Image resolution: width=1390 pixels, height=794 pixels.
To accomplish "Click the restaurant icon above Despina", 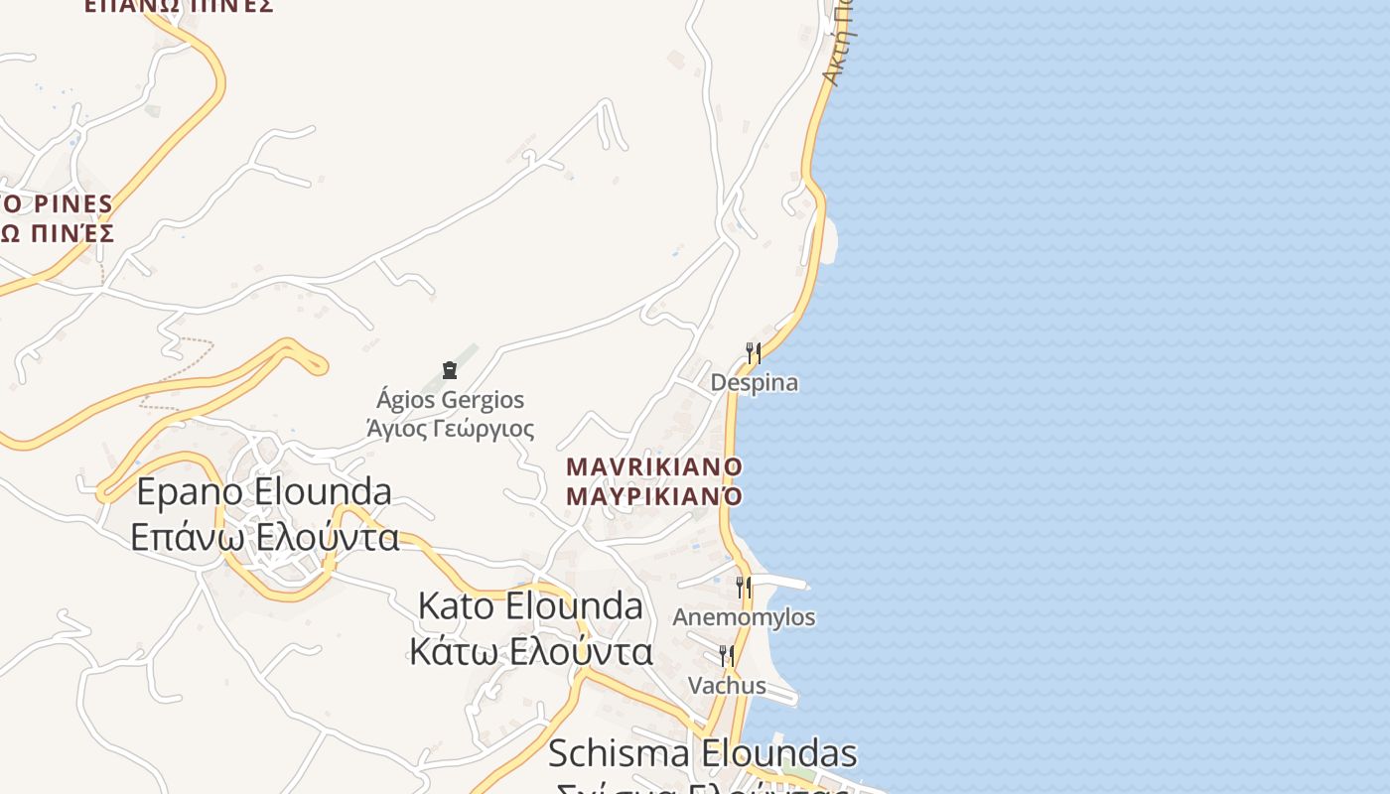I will pyautogui.click(x=754, y=352).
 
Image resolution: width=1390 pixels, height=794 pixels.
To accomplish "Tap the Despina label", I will pyautogui.click(x=754, y=383).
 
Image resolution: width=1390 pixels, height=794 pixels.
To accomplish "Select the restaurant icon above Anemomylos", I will pyautogui.click(x=743, y=587).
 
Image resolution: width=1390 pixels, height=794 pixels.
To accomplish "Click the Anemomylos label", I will pyautogui.click(x=744, y=617).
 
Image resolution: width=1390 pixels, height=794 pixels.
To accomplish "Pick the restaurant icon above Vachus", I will pyautogui.click(x=727, y=655).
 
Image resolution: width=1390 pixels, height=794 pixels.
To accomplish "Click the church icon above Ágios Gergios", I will pyautogui.click(x=450, y=370).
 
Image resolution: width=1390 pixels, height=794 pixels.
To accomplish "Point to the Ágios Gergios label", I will pyautogui.click(x=450, y=400).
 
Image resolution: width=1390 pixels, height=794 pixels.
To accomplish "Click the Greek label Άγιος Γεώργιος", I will pyautogui.click(x=450, y=429).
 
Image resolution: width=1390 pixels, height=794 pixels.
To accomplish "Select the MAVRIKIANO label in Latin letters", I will pyautogui.click(x=654, y=466).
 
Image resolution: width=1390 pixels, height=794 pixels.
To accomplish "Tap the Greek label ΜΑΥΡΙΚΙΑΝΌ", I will pyautogui.click(x=654, y=495).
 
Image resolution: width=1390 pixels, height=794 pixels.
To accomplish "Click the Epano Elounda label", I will pyautogui.click(x=264, y=491).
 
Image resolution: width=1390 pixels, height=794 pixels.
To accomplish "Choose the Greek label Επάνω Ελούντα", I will pyautogui.click(x=265, y=537).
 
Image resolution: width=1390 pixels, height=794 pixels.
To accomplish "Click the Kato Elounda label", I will pyautogui.click(x=530, y=605).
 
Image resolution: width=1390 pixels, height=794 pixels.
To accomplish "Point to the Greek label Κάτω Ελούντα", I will pyautogui.click(x=531, y=652).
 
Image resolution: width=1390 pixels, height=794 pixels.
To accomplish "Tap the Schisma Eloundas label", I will pyautogui.click(x=702, y=753).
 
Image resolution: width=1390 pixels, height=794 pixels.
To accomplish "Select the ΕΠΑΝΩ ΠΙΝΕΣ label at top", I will pyautogui.click(x=179, y=6).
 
